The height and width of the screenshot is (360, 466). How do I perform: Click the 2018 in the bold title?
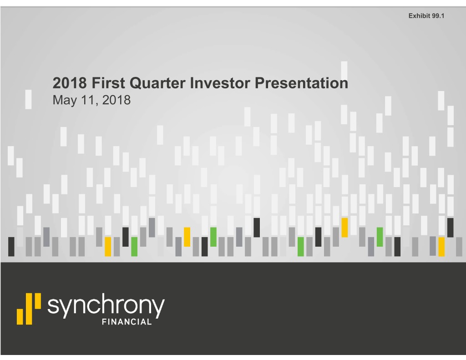[x=70, y=83]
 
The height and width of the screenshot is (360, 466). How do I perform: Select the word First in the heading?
[x=108, y=83]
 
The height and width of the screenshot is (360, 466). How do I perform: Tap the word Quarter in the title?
[x=157, y=83]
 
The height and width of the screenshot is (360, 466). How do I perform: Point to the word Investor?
[x=220, y=83]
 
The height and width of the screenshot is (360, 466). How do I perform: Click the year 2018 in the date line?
[x=116, y=100]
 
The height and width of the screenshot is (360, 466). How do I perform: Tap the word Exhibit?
[x=419, y=16]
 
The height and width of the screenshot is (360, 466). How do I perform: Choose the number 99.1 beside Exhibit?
[x=438, y=16]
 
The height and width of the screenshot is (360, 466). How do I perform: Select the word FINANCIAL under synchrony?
[x=127, y=322]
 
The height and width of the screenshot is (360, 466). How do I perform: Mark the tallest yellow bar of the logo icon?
[x=29, y=309]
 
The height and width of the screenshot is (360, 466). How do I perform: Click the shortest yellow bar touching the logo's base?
[x=20, y=317]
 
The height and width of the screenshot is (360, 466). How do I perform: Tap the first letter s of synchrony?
[x=53, y=306]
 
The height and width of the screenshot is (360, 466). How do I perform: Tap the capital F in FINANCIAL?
[x=104, y=322]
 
